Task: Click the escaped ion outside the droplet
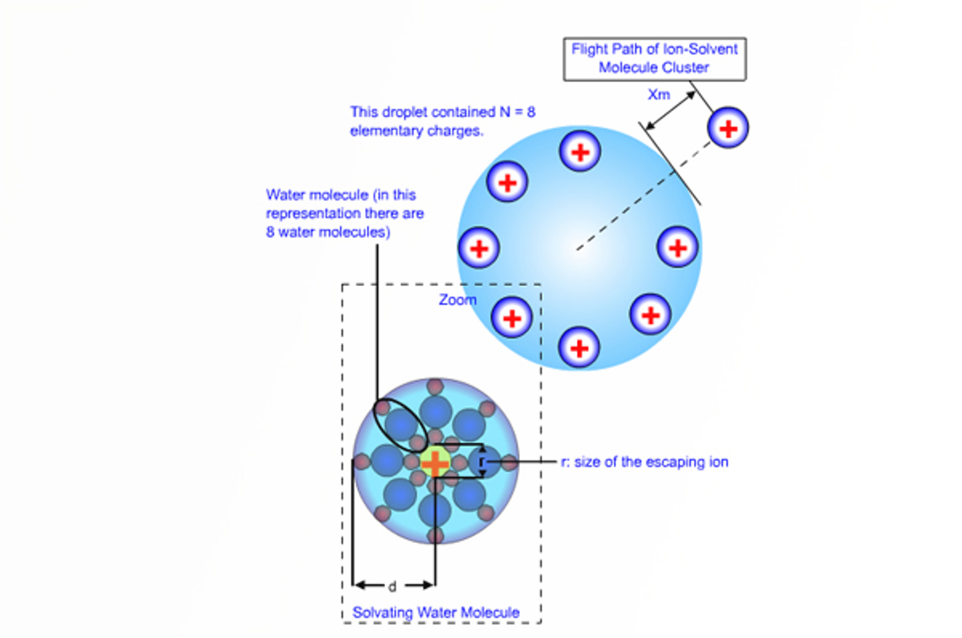tap(728, 128)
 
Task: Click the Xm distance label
tap(659, 94)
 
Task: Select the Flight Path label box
tap(655, 59)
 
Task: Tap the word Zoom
tap(458, 300)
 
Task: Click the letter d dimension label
tap(392, 586)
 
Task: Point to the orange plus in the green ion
tap(435, 463)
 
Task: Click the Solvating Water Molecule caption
tap(436, 612)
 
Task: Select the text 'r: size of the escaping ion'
tap(645, 462)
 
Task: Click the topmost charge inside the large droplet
tap(580, 151)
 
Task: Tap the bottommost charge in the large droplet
tap(579, 348)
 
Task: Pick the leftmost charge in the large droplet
tap(479, 248)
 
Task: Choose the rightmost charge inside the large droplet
tap(678, 247)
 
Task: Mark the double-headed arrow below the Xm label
tap(670, 111)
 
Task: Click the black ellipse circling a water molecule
tap(400, 425)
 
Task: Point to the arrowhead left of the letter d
tap(361, 585)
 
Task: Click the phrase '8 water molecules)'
tap(328, 232)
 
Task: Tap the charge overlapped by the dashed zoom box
tap(512, 318)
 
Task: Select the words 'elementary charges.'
tap(417, 131)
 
